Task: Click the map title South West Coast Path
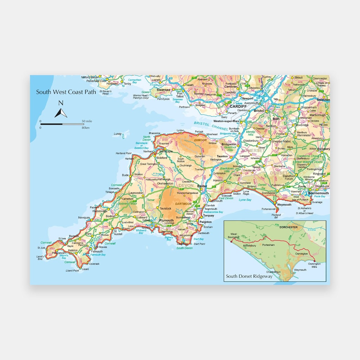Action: point(66,92)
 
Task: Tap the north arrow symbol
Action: point(61,109)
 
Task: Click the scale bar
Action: point(62,124)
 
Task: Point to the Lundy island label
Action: point(117,134)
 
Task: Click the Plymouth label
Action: point(167,220)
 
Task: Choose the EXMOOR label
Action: point(200,140)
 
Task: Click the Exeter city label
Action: point(202,186)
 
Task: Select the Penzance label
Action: point(58,253)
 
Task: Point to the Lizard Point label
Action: point(72,271)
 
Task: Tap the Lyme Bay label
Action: point(245,200)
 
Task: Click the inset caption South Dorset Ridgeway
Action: point(249,277)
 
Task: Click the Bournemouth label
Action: point(319,193)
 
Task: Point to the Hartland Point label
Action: point(123,153)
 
